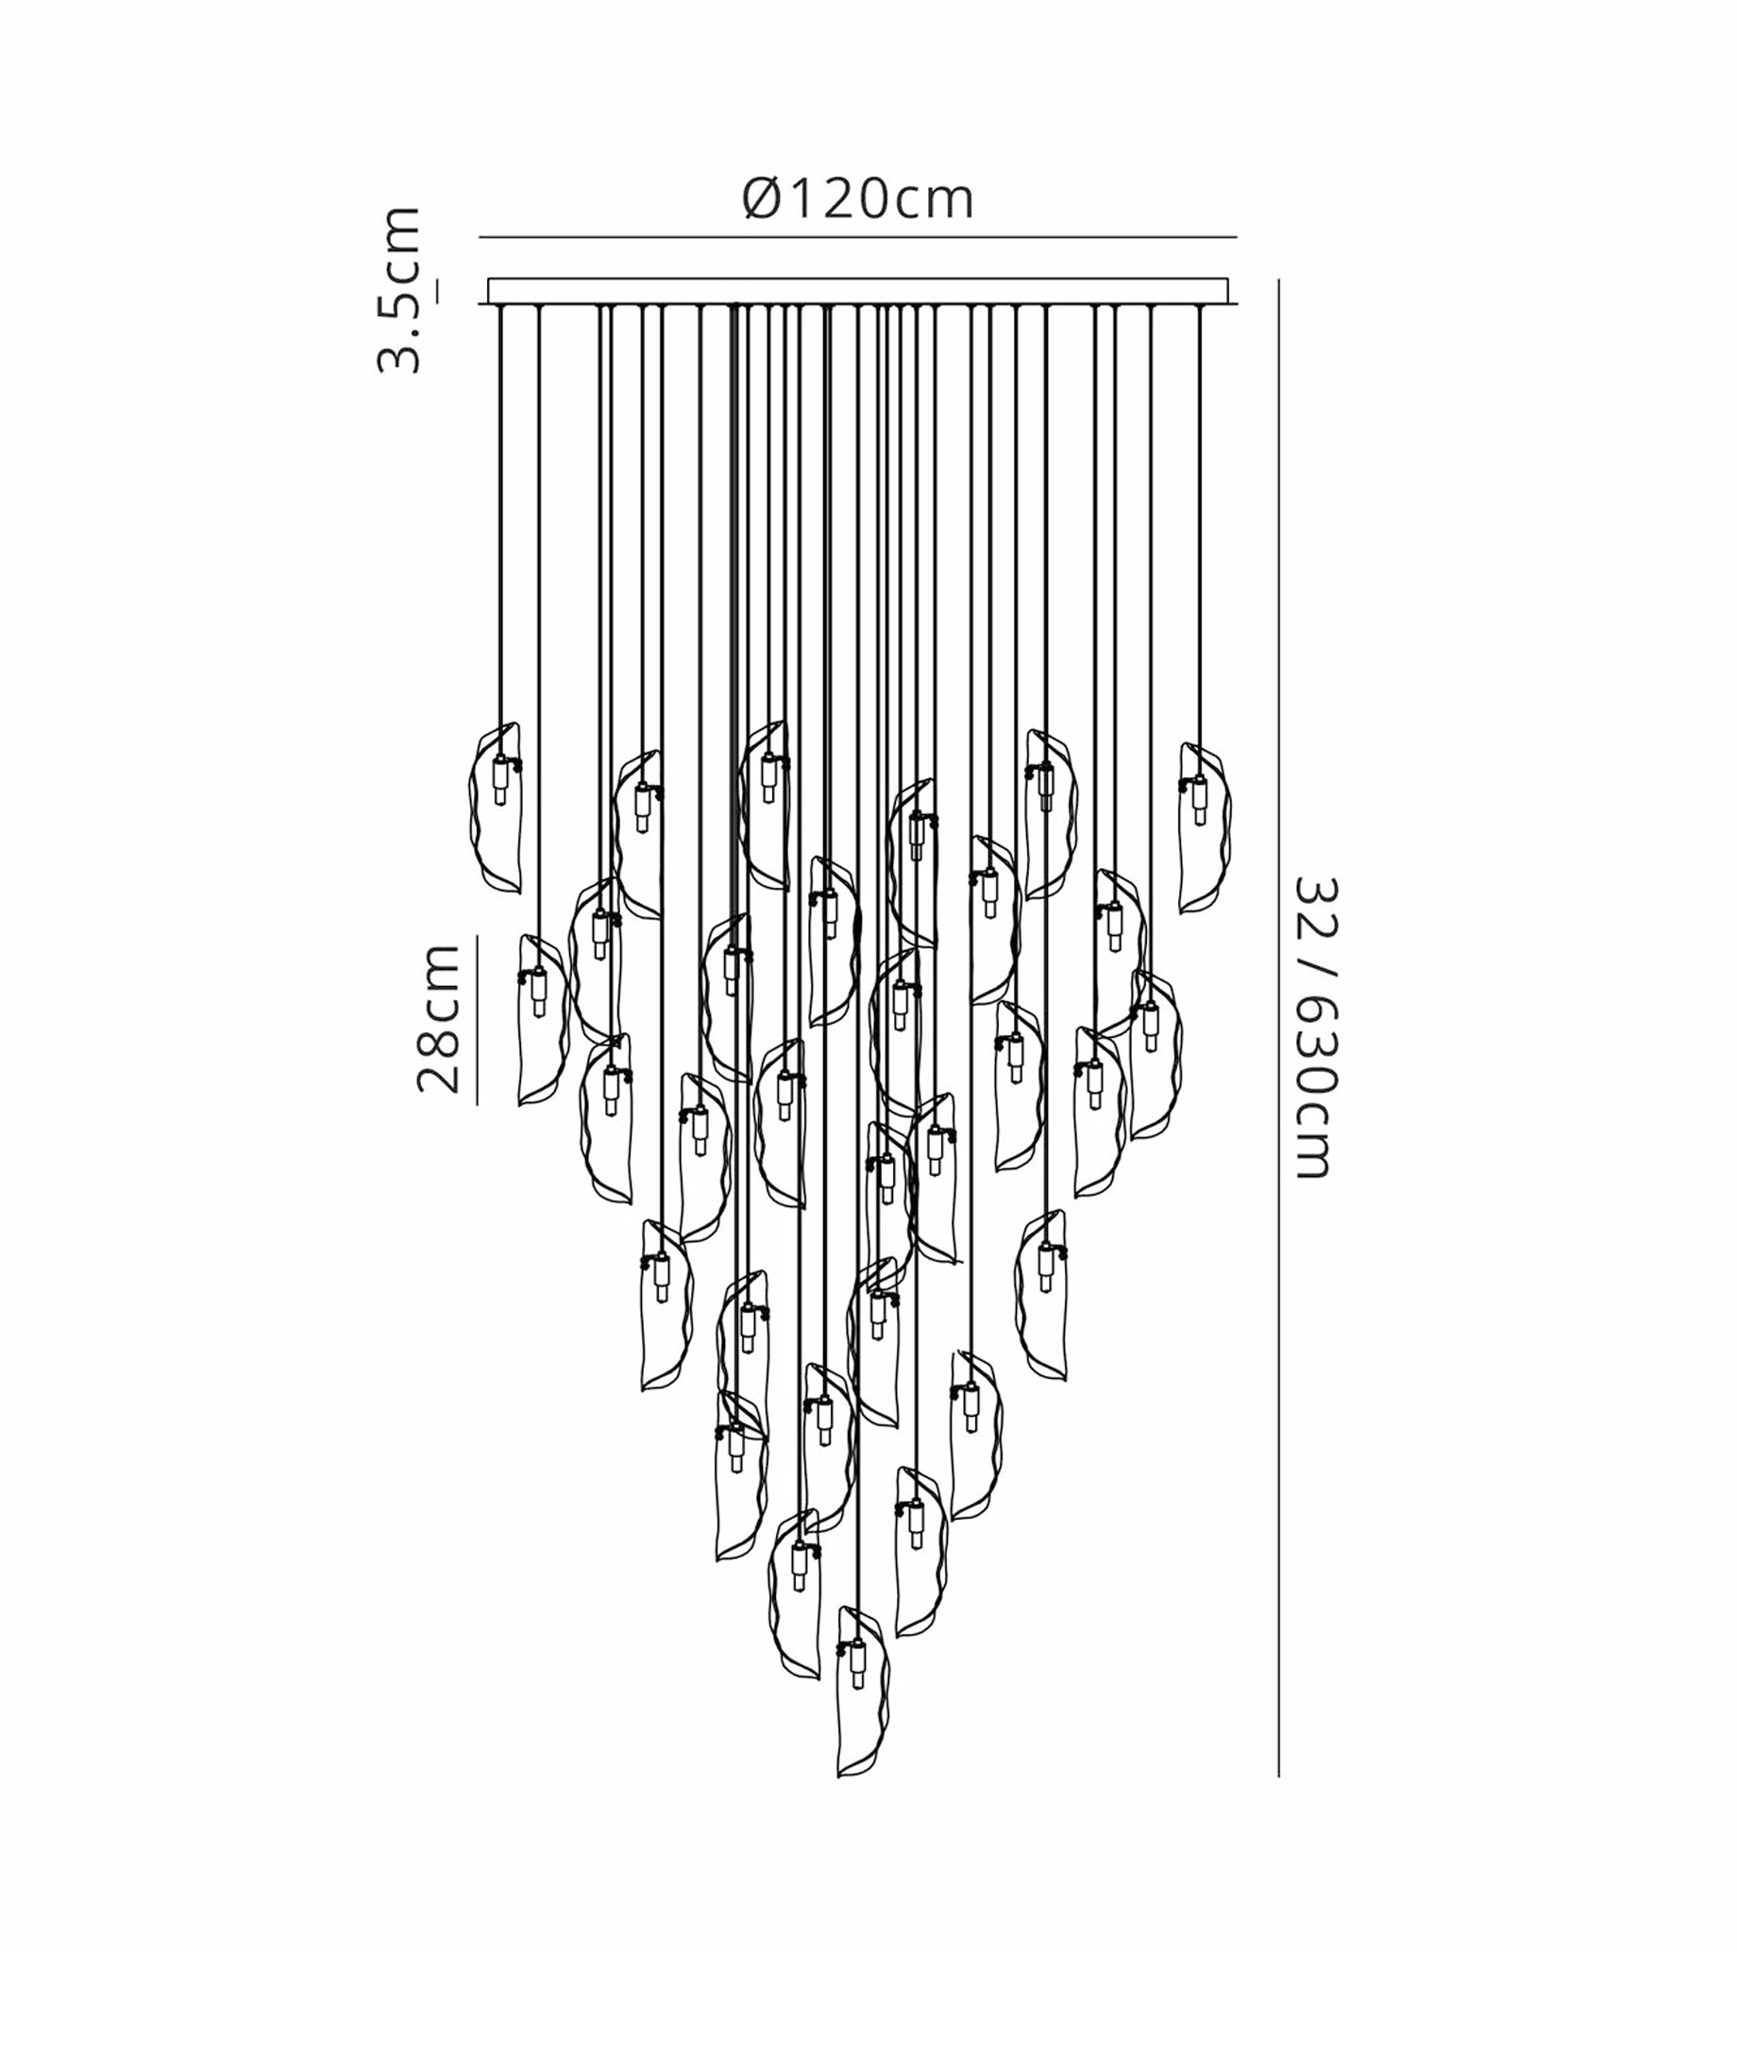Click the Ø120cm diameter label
pyautogui.click(x=858, y=199)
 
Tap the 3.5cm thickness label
pyautogui.click(x=399, y=290)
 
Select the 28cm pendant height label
pyautogui.click(x=438, y=1018)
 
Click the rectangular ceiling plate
pyautogui.click(x=858, y=292)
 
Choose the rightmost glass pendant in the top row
pyautogui.click(x=1205, y=827)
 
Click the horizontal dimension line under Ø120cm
pyautogui.click(x=858, y=237)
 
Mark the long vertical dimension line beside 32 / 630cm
pyautogui.click(x=1278, y=1029)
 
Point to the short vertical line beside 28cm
pyautogui.click(x=478, y=1020)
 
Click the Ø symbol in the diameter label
pyautogui.click(x=763, y=199)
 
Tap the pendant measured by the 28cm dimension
pyautogui.click(x=543, y=1020)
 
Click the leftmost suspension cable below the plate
pyautogui.click(x=501, y=532)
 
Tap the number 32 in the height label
pyautogui.click(x=1315, y=901)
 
